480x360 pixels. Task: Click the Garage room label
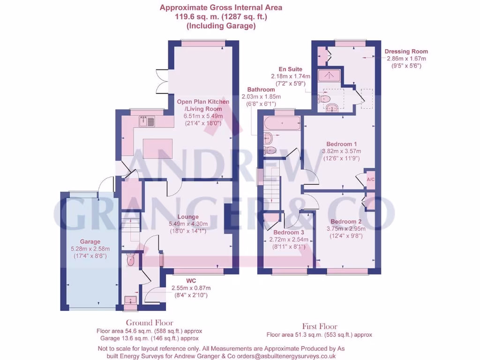click(89, 242)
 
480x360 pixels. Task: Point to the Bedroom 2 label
click(346, 222)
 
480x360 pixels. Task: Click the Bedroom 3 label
click(289, 232)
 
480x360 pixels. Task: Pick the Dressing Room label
click(406, 52)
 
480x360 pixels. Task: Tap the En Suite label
click(290, 69)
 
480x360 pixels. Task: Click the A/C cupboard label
click(370, 180)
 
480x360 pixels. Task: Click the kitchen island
click(154, 149)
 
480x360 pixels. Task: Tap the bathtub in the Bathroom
click(282, 123)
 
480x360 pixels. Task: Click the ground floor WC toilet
click(131, 260)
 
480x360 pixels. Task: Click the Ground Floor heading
click(149, 322)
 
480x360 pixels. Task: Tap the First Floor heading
click(319, 326)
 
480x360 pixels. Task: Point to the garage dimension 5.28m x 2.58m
click(90, 249)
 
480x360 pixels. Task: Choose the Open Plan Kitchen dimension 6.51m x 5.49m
click(202, 116)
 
